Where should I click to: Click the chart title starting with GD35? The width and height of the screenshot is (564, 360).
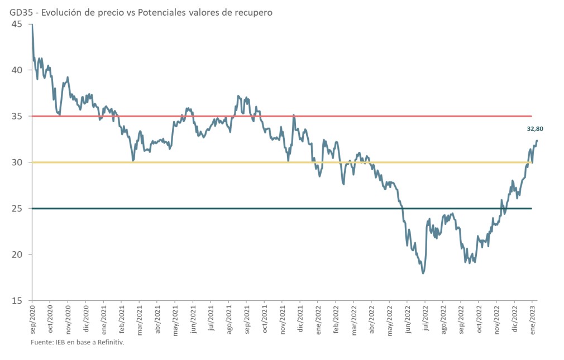tap(141, 12)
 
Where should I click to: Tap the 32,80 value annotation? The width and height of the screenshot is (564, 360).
tap(535, 129)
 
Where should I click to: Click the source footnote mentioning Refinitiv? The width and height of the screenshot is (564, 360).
tap(77, 342)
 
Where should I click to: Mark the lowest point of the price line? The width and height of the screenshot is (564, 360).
tap(423, 273)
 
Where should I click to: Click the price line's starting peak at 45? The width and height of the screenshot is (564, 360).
tap(32, 25)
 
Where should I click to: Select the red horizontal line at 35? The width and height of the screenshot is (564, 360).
tap(279, 116)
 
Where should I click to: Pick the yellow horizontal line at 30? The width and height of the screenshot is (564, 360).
tap(223, 162)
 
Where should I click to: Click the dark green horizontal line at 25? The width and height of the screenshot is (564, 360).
tap(223, 208)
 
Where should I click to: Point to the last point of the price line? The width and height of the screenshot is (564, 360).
tap(537, 141)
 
